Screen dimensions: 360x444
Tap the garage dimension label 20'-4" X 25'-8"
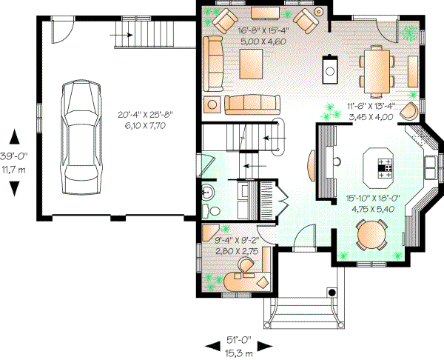pyautogui.click(x=149, y=116)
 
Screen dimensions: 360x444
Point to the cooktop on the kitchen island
pyautogui.click(x=386, y=168)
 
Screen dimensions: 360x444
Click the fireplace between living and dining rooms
pyautogui.click(x=329, y=70)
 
